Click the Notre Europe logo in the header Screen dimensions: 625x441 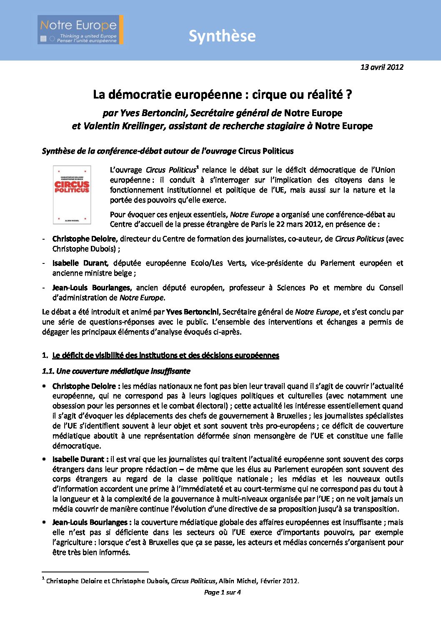tap(80, 30)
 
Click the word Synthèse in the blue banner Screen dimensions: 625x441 tap(222, 36)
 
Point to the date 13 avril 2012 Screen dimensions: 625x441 tap(381, 67)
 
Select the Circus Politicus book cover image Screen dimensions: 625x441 tap(72, 195)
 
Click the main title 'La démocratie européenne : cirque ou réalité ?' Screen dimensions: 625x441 tap(222, 95)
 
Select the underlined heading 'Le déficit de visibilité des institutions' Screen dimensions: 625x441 tap(165, 355)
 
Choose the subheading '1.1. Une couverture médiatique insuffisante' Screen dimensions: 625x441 tap(116, 371)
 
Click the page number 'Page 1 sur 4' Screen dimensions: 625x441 tap(222, 592)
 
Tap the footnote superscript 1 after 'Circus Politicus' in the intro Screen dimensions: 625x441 tap(198, 167)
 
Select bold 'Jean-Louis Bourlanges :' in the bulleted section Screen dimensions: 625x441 tap(92, 522)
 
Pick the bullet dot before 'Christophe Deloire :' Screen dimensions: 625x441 tap(44, 386)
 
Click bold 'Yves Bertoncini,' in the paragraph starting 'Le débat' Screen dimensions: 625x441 tap(193, 312)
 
